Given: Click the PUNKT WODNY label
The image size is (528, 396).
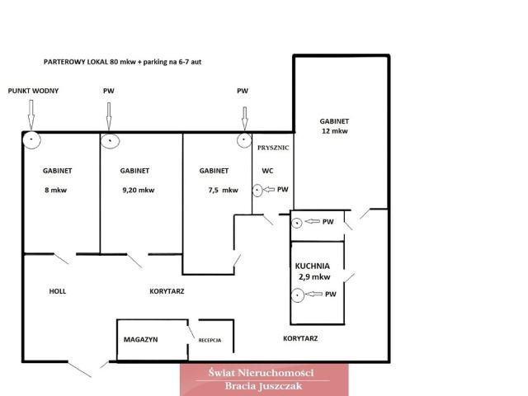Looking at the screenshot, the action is tap(33, 91).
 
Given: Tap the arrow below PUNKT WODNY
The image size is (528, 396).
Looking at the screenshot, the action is tap(31, 115).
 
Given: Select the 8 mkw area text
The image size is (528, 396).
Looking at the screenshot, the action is tap(56, 190).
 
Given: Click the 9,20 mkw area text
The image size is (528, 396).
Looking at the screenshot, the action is tap(139, 190).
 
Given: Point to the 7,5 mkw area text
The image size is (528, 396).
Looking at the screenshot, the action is tap(224, 191).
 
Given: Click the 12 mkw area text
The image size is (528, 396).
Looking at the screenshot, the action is tap(335, 131).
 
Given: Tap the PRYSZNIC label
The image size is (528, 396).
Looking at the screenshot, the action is tap(273, 148).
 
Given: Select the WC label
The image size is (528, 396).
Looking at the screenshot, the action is tap(267, 171).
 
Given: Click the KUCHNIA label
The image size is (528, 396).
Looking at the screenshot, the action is tap(313, 266).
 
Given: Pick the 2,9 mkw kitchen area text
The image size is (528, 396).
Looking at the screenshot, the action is tap(314, 277).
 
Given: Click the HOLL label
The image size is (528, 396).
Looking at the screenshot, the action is tap(58, 291).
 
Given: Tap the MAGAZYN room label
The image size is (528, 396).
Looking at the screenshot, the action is tap(141, 339).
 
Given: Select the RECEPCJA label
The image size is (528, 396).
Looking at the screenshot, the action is tap(210, 341).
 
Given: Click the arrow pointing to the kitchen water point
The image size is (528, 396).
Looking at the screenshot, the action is tap(314, 294).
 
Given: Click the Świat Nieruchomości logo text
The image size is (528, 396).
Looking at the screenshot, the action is tap(262, 373).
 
